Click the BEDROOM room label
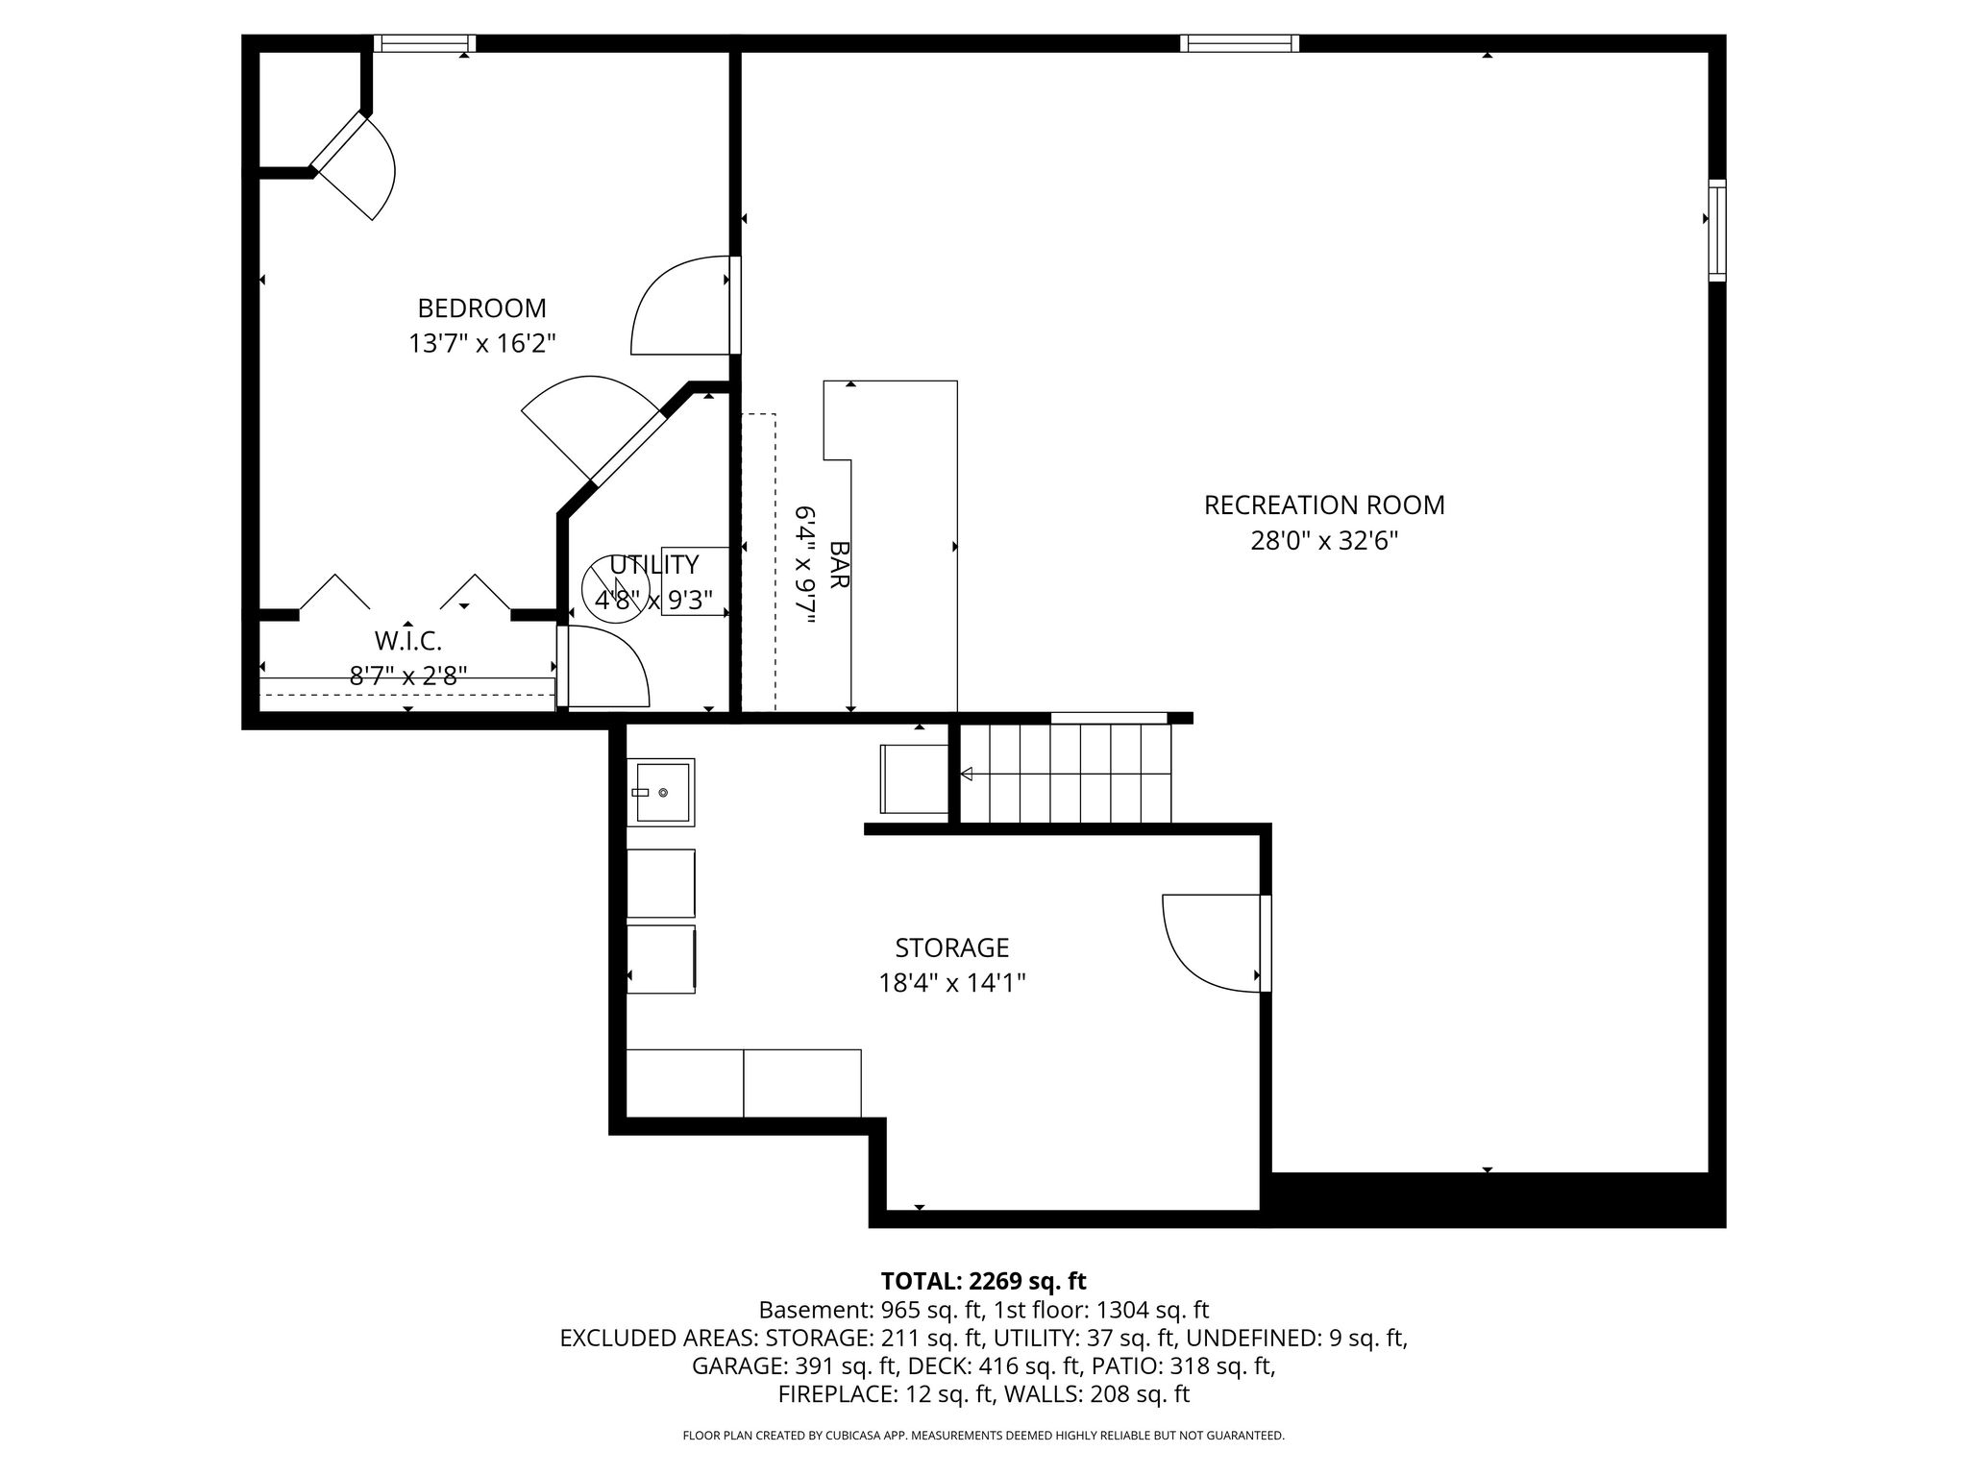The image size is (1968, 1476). tap(481, 308)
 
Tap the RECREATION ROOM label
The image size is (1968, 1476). tap(1324, 504)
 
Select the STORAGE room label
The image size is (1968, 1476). tap(951, 948)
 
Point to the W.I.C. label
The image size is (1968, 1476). tap(408, 640)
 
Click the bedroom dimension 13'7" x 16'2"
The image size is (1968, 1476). tap(482, 343)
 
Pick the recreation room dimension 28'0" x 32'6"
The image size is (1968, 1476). tap(1324, 541)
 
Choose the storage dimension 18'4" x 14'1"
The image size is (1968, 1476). tap(952, 983)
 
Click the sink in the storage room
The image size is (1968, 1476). tap(661, 792)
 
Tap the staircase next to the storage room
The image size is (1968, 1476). tap(1067, 774)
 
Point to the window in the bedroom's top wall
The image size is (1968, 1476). tap(425, 43)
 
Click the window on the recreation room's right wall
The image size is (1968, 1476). tap(1716, 231)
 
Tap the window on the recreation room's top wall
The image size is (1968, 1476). tap(1240, 43)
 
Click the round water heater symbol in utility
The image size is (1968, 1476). tap(616, 588)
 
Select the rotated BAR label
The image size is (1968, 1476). tap(839, 564)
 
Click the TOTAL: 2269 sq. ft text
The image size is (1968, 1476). tap(983, 1281)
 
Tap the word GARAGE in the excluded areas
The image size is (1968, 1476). tap(740, 1365)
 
